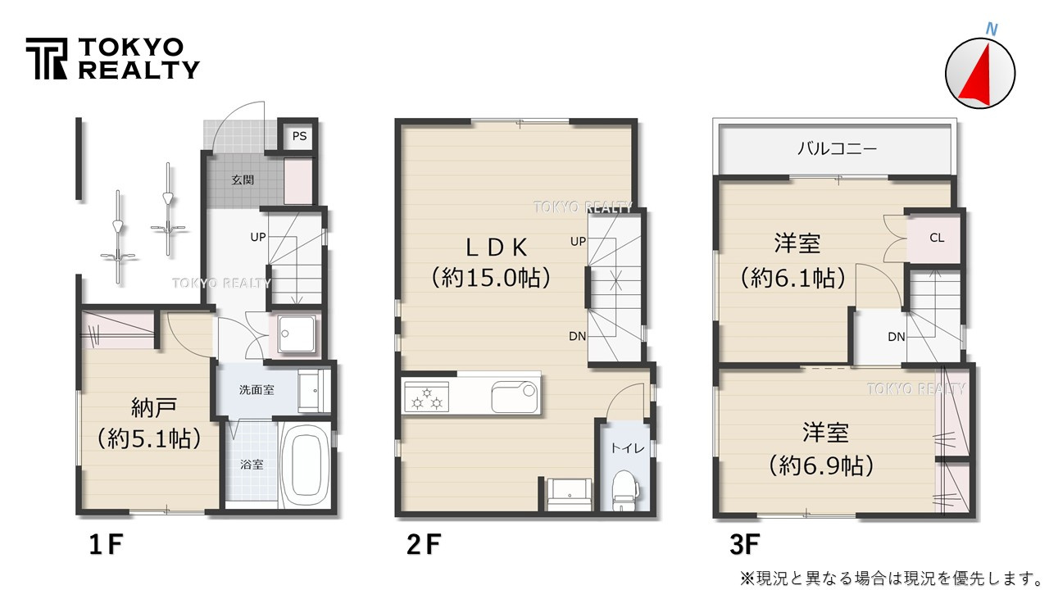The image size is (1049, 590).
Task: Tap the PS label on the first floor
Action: point(299,136)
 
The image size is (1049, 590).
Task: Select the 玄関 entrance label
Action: point(241,179)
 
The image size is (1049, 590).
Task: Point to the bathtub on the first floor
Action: point(304,464)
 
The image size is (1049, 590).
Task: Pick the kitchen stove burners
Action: point(428,399)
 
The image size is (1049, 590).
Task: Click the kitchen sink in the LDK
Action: point(515,398)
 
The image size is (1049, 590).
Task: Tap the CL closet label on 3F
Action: point(937,238)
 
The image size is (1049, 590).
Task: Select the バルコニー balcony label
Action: point(837,149)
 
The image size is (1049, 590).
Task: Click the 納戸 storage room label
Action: point(149,406)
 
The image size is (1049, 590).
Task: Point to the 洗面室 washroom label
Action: point(257,390)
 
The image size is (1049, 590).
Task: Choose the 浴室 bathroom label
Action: point(252,465)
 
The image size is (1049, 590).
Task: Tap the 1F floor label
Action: point(106,544)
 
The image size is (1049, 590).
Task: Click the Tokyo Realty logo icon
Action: point(47,59)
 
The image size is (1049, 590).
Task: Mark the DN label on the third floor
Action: point(896,337)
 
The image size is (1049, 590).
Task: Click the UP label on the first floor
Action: point(258,237)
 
